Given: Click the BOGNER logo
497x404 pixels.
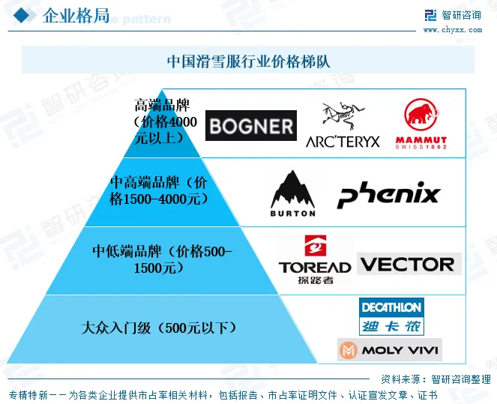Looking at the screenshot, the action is (x=250, y=125).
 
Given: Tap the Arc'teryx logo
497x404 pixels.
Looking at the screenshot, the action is (x=343, y=125).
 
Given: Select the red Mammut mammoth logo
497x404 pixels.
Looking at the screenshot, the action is (x=421, y=124).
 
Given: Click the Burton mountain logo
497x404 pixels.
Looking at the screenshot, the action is (x=292, y=193).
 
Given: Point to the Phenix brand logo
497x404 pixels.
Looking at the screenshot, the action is (x=388, y=194).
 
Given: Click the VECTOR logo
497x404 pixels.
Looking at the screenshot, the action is (x=408, y=264).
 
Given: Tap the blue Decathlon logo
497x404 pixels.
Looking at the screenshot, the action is (x=391, y=316).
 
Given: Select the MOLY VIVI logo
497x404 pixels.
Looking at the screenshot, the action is (x=389, y=350).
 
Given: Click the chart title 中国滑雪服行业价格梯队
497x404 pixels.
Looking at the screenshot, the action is (x=248, y=61).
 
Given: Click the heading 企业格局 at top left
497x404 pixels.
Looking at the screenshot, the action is (x=76, y=16).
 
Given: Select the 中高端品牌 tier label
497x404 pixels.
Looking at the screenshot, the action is (x=158, y=190).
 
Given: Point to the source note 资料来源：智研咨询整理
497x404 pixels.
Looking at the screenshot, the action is (x=436, y=379).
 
